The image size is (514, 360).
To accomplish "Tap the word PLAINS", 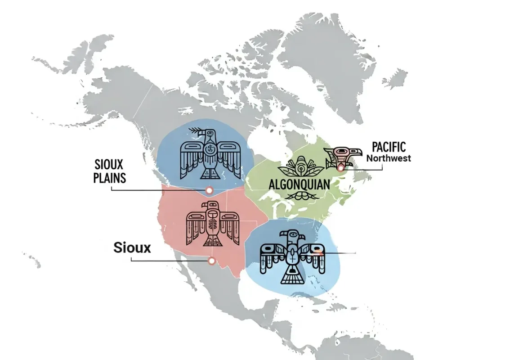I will pos(109,178).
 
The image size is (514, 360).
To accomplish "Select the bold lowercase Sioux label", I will pos(132,247).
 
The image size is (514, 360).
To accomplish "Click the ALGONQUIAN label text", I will pos(300,184).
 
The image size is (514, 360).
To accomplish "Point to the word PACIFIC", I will pos(389,147).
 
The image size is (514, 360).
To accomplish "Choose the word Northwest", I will pos(388,158).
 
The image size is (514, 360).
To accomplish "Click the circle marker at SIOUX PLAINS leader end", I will pos(209,191).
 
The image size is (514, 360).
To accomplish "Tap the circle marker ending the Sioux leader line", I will pos(211,261).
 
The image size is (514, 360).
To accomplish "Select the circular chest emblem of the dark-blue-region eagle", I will pos(209,150).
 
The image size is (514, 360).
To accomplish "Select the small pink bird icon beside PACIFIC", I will pos(343,155).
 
